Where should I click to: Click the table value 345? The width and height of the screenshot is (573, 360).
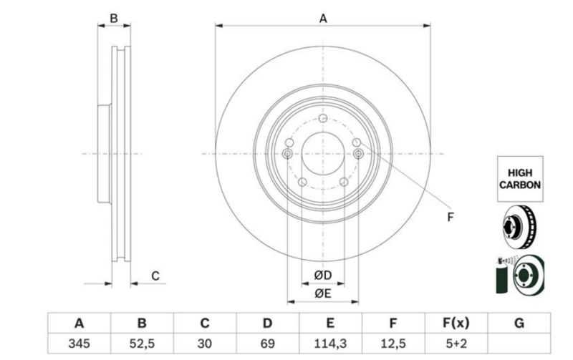[x=79, y=344]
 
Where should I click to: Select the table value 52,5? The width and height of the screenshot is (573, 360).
[x=142, y=344]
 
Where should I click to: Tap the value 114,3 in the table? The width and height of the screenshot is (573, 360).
[x=330, y=344]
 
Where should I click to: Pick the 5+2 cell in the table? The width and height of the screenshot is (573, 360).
[x=456, y=344]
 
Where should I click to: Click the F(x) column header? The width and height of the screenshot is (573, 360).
[x=456, y=323]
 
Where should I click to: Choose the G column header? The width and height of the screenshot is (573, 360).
[x=519, y=323]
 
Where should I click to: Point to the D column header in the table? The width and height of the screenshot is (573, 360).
[x=267, y=323]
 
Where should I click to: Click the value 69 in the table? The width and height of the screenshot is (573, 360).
[x=267, y=344]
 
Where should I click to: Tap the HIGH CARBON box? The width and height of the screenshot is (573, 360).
[x=520, y=179]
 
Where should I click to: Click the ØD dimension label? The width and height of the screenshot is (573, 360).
[x=323, y=276]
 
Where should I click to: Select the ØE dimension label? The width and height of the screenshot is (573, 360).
[x=323, y=293]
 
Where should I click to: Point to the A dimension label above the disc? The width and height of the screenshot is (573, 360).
[x=323, y=19]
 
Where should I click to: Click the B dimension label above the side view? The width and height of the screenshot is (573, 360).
[x=114, y=18]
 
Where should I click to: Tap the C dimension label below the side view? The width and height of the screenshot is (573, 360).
[x=155, y=276]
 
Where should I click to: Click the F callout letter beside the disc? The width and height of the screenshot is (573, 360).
[x=451, y=218]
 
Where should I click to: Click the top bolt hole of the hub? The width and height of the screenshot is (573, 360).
[x=323, y=118]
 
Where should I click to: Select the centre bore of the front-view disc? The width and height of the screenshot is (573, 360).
[x=323, y=154]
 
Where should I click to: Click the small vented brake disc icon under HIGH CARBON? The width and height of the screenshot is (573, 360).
[x=519, y=227]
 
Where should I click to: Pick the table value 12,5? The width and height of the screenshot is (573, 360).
[x=393, y=344]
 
